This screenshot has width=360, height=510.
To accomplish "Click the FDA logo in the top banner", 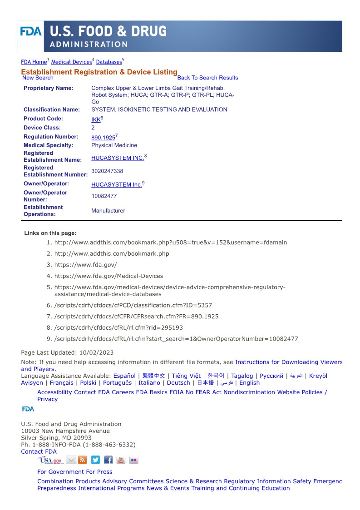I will click(31, 32).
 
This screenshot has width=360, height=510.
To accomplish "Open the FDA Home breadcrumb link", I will click(34, 62).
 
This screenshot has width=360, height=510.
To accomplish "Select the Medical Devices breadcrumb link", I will click(71, 62).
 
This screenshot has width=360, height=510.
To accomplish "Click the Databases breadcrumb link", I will click(109, 62).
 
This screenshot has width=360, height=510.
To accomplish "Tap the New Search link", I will click(38, 78).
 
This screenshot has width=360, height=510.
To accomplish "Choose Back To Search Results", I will click(207, 78).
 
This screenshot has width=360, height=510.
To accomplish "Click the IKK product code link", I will click(96, 119).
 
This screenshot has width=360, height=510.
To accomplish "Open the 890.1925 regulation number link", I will click(103, 138).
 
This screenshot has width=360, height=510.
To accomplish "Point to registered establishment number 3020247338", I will click(107, 171).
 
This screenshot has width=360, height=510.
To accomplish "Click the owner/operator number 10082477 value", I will click(104, 196).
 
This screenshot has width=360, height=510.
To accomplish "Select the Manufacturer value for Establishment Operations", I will click(108, 211).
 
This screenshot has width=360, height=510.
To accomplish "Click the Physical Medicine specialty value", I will click(114, 145).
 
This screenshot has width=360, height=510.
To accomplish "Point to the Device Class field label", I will click(42, 128).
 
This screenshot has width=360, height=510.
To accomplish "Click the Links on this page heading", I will click(50, 233).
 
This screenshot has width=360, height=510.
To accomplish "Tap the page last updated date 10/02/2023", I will click(96, 352).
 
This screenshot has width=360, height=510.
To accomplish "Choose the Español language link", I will click(124, 376).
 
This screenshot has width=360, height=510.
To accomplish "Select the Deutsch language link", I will click(178, 383).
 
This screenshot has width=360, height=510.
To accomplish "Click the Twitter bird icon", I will click(95, 460).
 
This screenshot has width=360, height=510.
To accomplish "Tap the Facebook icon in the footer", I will click(108, 460).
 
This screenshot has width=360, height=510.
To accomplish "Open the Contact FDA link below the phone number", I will click(39, 451).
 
